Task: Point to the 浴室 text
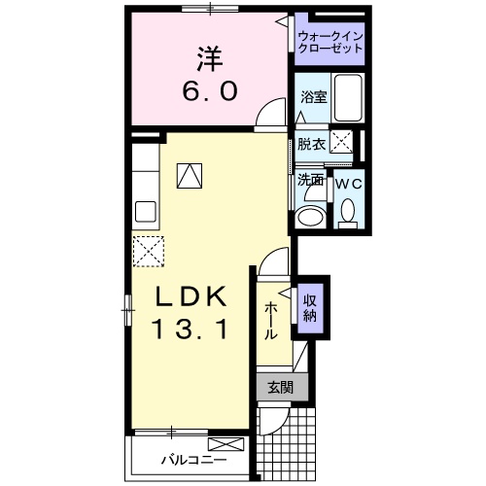(312, 98)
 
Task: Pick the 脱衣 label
(311, 144)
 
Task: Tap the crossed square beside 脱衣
(343, 141)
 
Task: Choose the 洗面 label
(310, 180)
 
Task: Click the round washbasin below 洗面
(311, 215)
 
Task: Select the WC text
(349, 182)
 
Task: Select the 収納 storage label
(310, 307)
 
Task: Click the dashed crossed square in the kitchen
(148, 250)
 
